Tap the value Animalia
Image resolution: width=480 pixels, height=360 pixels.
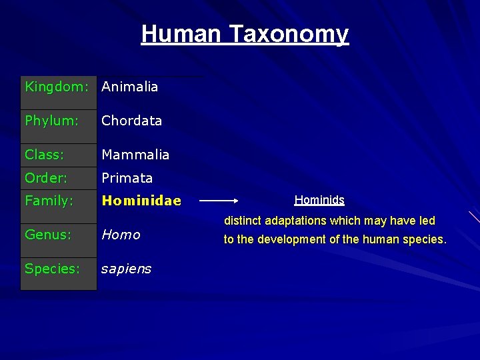pos(129,87)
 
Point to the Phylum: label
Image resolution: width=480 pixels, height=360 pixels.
pos(52,121)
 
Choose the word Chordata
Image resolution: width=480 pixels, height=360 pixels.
pos(131,121)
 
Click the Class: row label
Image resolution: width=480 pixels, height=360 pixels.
pos(45,155)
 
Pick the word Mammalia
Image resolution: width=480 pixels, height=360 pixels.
pos(135,155)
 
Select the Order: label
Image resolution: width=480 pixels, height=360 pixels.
pos(46,178)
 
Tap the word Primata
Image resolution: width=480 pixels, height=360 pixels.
pos(127,178)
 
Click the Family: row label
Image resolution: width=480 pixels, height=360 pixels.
pos(49,200)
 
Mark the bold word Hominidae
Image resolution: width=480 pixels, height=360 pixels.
pos(141,201)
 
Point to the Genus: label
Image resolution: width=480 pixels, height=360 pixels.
pos(47,235)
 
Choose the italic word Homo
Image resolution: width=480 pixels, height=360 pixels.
pos(121,235)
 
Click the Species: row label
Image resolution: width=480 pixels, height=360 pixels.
pos(52,269)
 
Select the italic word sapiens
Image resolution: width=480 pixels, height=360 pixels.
pos(126,269)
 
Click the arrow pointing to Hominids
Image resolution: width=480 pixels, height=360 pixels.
pos(219,199)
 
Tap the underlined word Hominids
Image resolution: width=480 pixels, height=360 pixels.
pos(319,200)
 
